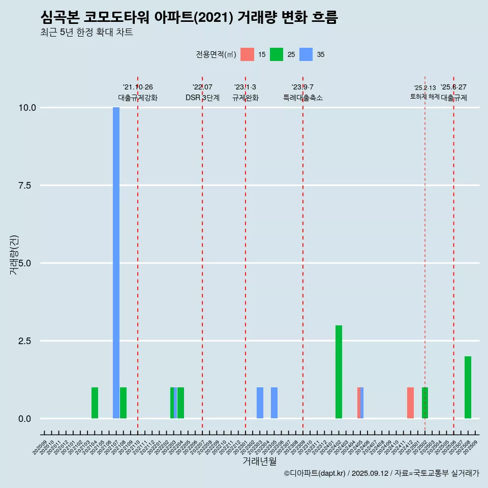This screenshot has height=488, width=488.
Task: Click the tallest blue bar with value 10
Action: coord(116,263)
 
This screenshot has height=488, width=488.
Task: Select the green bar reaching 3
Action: coord(339,372)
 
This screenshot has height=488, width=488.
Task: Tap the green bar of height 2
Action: coord(468,387)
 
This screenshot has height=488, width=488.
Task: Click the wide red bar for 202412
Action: coord(410,403)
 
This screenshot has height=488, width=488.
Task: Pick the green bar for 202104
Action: coord(95,403)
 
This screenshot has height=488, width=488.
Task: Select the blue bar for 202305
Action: coord(274,403)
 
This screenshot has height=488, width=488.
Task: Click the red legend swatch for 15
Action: coord(247,54)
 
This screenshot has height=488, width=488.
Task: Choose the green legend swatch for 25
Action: coord(277,54)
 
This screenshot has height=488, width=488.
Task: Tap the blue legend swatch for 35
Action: coord(306,54)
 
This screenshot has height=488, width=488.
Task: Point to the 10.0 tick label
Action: coord(26,108)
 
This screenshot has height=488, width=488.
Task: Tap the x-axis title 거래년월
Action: coord(259,461)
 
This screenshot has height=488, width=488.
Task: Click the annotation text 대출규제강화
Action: coord(138,98)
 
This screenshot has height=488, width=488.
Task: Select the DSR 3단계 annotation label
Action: coord(202,98)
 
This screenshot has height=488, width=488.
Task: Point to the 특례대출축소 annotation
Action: coord(303,98)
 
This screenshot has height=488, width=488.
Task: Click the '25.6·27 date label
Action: coord(453,87)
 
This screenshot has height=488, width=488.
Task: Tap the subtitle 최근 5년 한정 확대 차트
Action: coord(86,33)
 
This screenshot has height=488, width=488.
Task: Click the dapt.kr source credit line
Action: coord(381,473)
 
